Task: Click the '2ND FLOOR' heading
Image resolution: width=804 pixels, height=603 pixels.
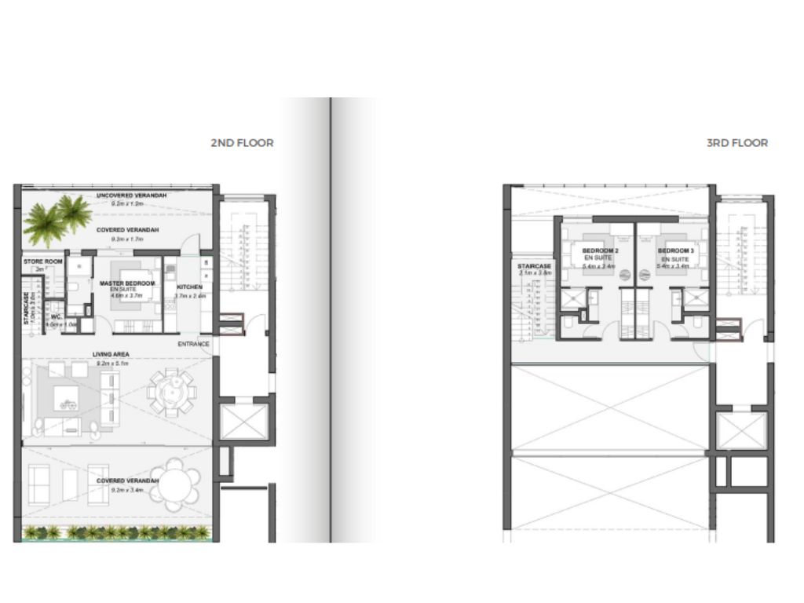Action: click(x=242, y=143)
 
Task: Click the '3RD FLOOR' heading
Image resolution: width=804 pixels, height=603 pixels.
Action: click(x=737, y=143)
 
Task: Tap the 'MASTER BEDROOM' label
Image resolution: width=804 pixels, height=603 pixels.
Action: click(x=127, y=283)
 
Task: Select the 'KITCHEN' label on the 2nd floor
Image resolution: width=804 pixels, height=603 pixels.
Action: click(x=189, y=287)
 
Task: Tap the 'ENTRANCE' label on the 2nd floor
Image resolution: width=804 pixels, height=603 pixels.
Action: click(x=192, y=344)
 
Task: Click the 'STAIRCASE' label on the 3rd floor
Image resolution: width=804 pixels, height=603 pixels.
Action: click(x=535, y=267)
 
